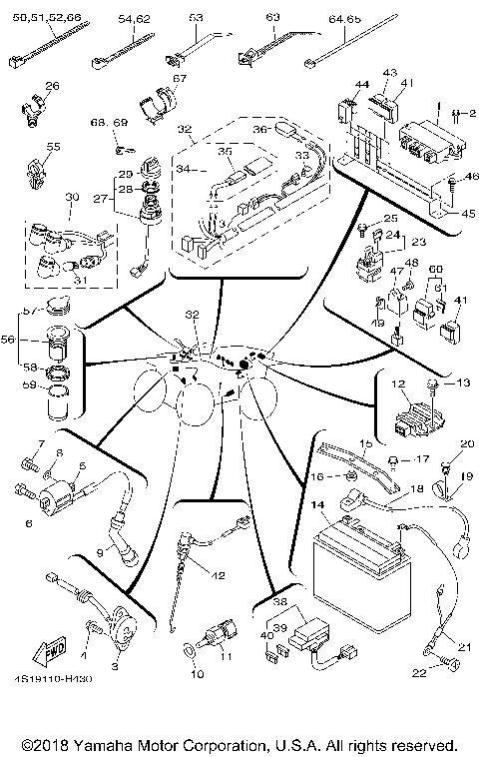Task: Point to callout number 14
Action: [x=316, y=506]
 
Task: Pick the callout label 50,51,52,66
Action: [x=45, y=18]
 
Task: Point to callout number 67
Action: [x=180, y=79]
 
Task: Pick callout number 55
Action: [x=52, y=146]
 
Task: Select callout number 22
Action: [x=418, y=675]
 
